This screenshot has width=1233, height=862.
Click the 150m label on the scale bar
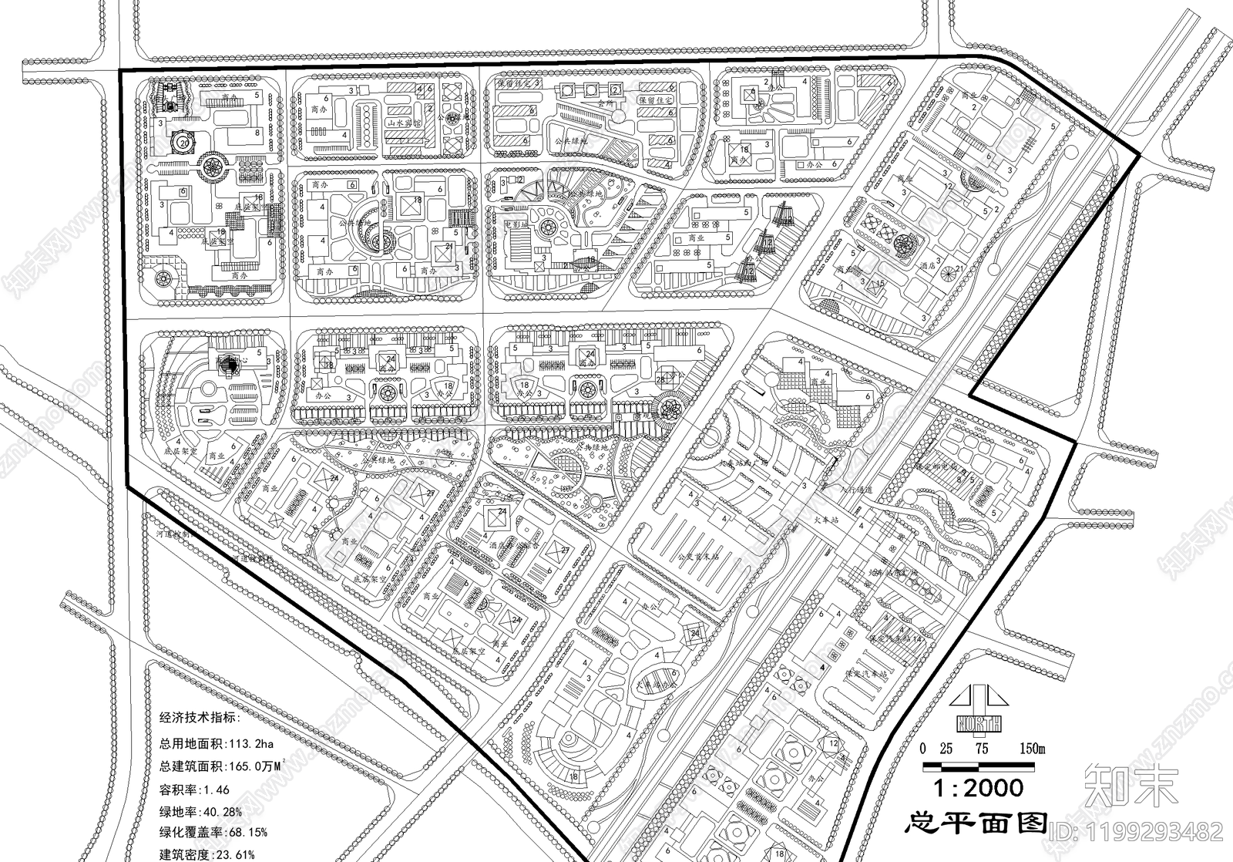tap(1032, 748)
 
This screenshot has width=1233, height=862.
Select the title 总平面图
tap(975, 823)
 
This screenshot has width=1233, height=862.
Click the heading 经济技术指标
tap(199, 718)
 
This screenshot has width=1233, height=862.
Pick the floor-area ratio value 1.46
tap(215, 790)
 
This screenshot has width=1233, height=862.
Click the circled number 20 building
tap(183, 143)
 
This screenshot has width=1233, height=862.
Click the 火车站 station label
tap(827, 520)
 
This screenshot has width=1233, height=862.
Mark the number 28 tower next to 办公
tap(660, 379)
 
